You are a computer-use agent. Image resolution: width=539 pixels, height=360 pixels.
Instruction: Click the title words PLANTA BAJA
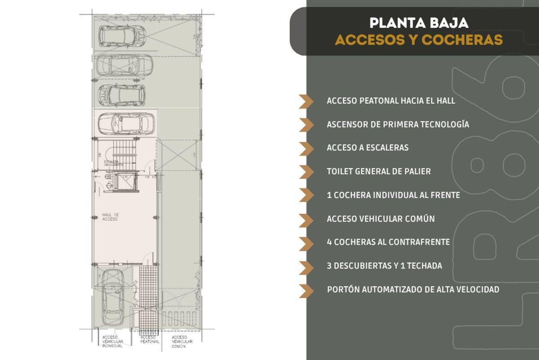pyautogui.click(x=418, y=22)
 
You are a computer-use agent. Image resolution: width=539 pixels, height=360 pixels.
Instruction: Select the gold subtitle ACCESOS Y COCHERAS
pyautogui.click(x=418, y=40)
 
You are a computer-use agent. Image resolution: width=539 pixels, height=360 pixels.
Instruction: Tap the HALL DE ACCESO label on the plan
pyautogui.click(x=110, y=217)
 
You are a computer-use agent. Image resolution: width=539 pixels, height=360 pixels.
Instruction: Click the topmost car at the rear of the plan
pyautogui.click(x=122, y=35)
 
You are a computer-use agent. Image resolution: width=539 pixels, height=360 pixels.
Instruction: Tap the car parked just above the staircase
pyautogui.click(x=126, y=123)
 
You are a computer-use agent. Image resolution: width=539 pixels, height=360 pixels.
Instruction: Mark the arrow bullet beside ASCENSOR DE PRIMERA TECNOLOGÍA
pyautogui.click(x=307, y=124)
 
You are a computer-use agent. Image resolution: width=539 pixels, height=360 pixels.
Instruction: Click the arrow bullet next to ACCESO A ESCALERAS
pyautogui.click(x=307, y=148)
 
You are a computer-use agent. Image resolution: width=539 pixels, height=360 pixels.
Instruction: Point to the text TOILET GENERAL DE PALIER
pyautogui.click(x=379, y=171)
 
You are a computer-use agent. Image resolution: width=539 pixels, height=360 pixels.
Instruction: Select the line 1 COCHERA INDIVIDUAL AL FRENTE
pyautogui.click(x=393, y=195)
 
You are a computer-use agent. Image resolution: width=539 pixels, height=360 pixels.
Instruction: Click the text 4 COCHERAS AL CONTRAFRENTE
pyautogui.click(x=388, y=242)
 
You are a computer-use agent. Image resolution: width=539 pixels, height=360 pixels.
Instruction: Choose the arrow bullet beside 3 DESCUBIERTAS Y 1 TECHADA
pyautogui.click(x=307, y=266)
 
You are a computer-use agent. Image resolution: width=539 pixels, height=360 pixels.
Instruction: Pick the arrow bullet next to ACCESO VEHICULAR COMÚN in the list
pyautogui.click(x=307, y=219)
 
